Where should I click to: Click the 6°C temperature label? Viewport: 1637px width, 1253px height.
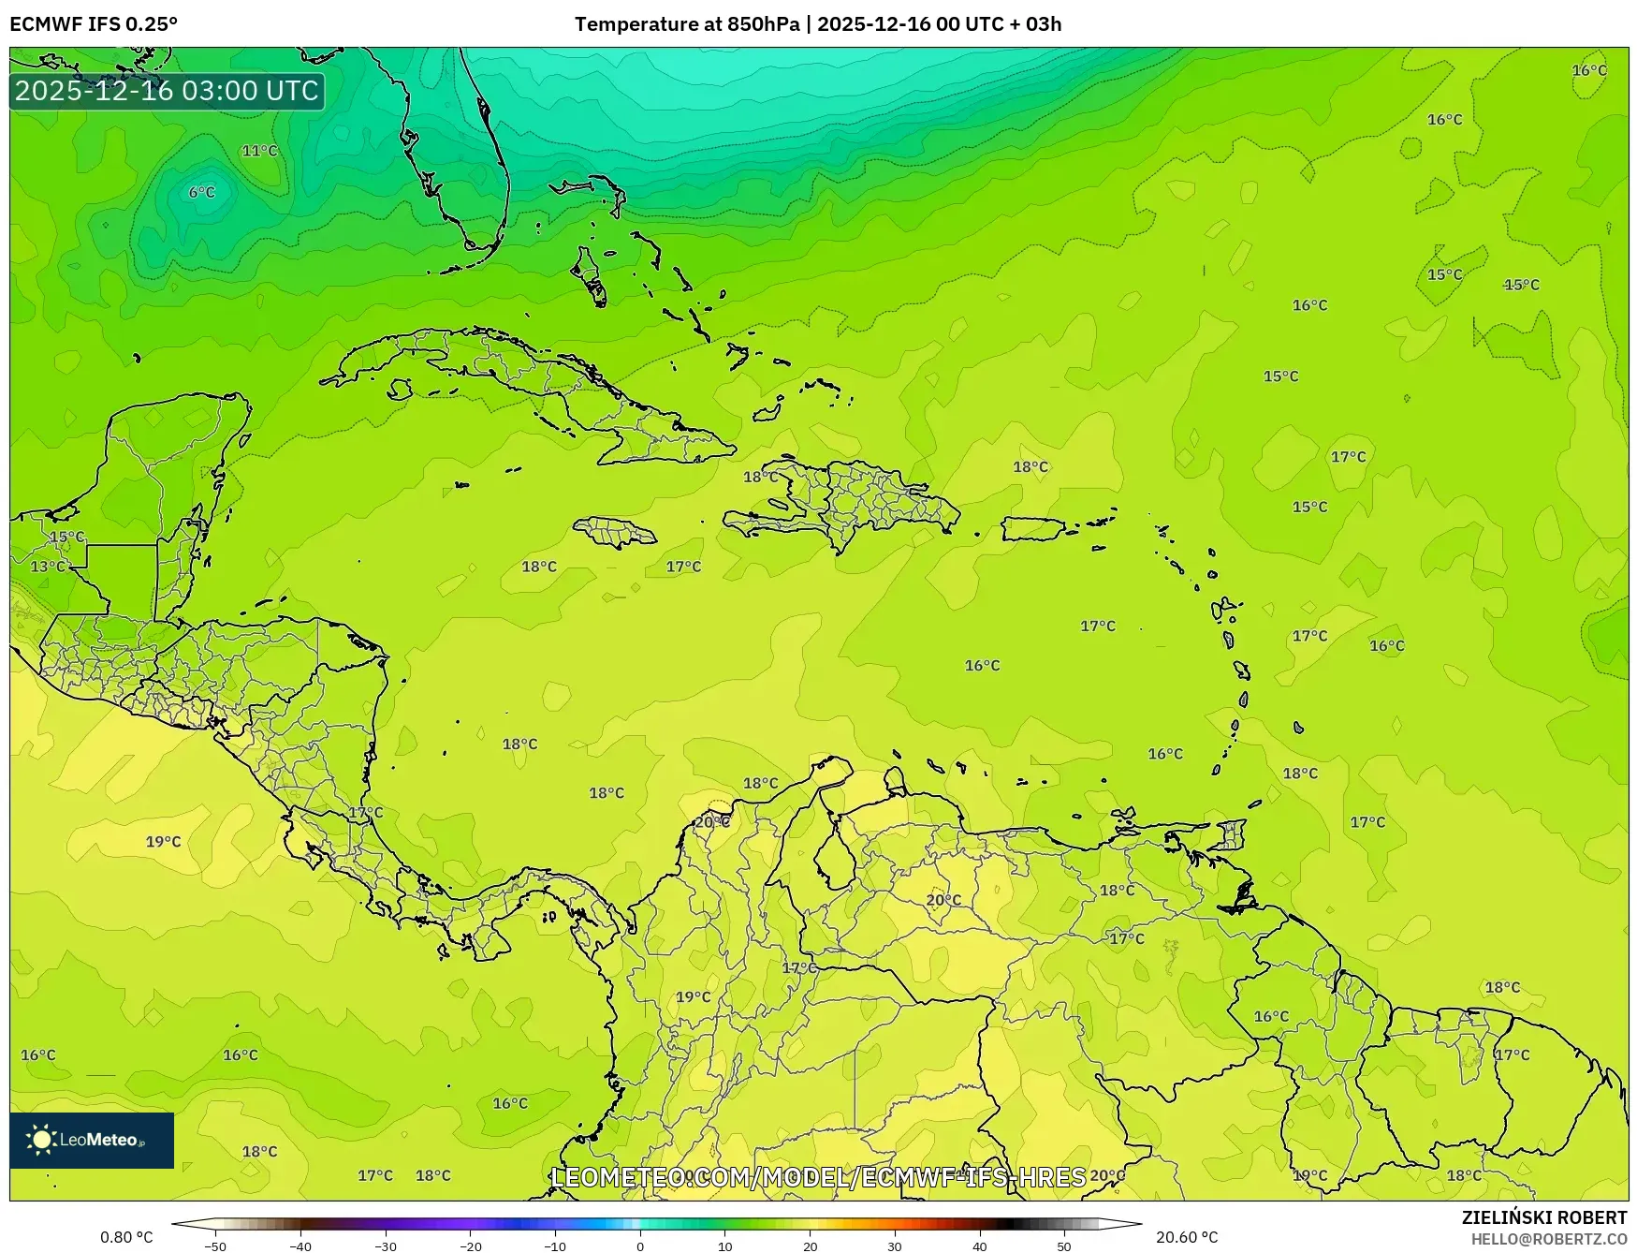click(x=201, y=192)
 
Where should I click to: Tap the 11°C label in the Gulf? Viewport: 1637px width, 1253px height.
click(x=259, y=151)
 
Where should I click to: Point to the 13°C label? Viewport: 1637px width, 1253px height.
click(x=48, y=567)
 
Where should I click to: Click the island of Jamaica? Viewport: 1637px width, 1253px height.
click(x=616, y=534)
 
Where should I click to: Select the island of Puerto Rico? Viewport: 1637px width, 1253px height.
click(x=1035, y=529)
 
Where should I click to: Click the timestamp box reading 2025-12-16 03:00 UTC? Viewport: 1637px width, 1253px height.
click(x=168, y=91)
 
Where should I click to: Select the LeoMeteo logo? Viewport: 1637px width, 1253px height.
click(x=92, y=1140)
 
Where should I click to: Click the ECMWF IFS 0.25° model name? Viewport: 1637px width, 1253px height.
click(x=94, y=24)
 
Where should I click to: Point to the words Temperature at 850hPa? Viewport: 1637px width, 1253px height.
click(x=687, y=24)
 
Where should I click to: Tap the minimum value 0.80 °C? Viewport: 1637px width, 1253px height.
click(x=126, y=1237)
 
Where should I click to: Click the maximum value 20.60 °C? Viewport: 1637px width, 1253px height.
click(x=1187, y=1237)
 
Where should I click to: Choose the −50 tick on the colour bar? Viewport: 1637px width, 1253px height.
click(x=215, y=1246)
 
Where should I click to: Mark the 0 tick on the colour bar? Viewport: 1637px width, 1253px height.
click(x=640, y=1246)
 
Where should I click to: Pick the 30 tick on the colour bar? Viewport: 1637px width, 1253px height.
click(x=895, y=1246)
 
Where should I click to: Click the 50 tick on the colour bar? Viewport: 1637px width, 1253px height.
click(x=1064, y=1246)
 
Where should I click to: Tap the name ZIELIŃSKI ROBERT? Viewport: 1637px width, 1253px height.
click(x=1544, y=1217)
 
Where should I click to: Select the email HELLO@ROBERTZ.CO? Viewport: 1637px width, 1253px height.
click(x=1549, y=1239)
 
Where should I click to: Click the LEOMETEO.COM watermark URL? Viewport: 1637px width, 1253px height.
click(x=818, y=1177)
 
